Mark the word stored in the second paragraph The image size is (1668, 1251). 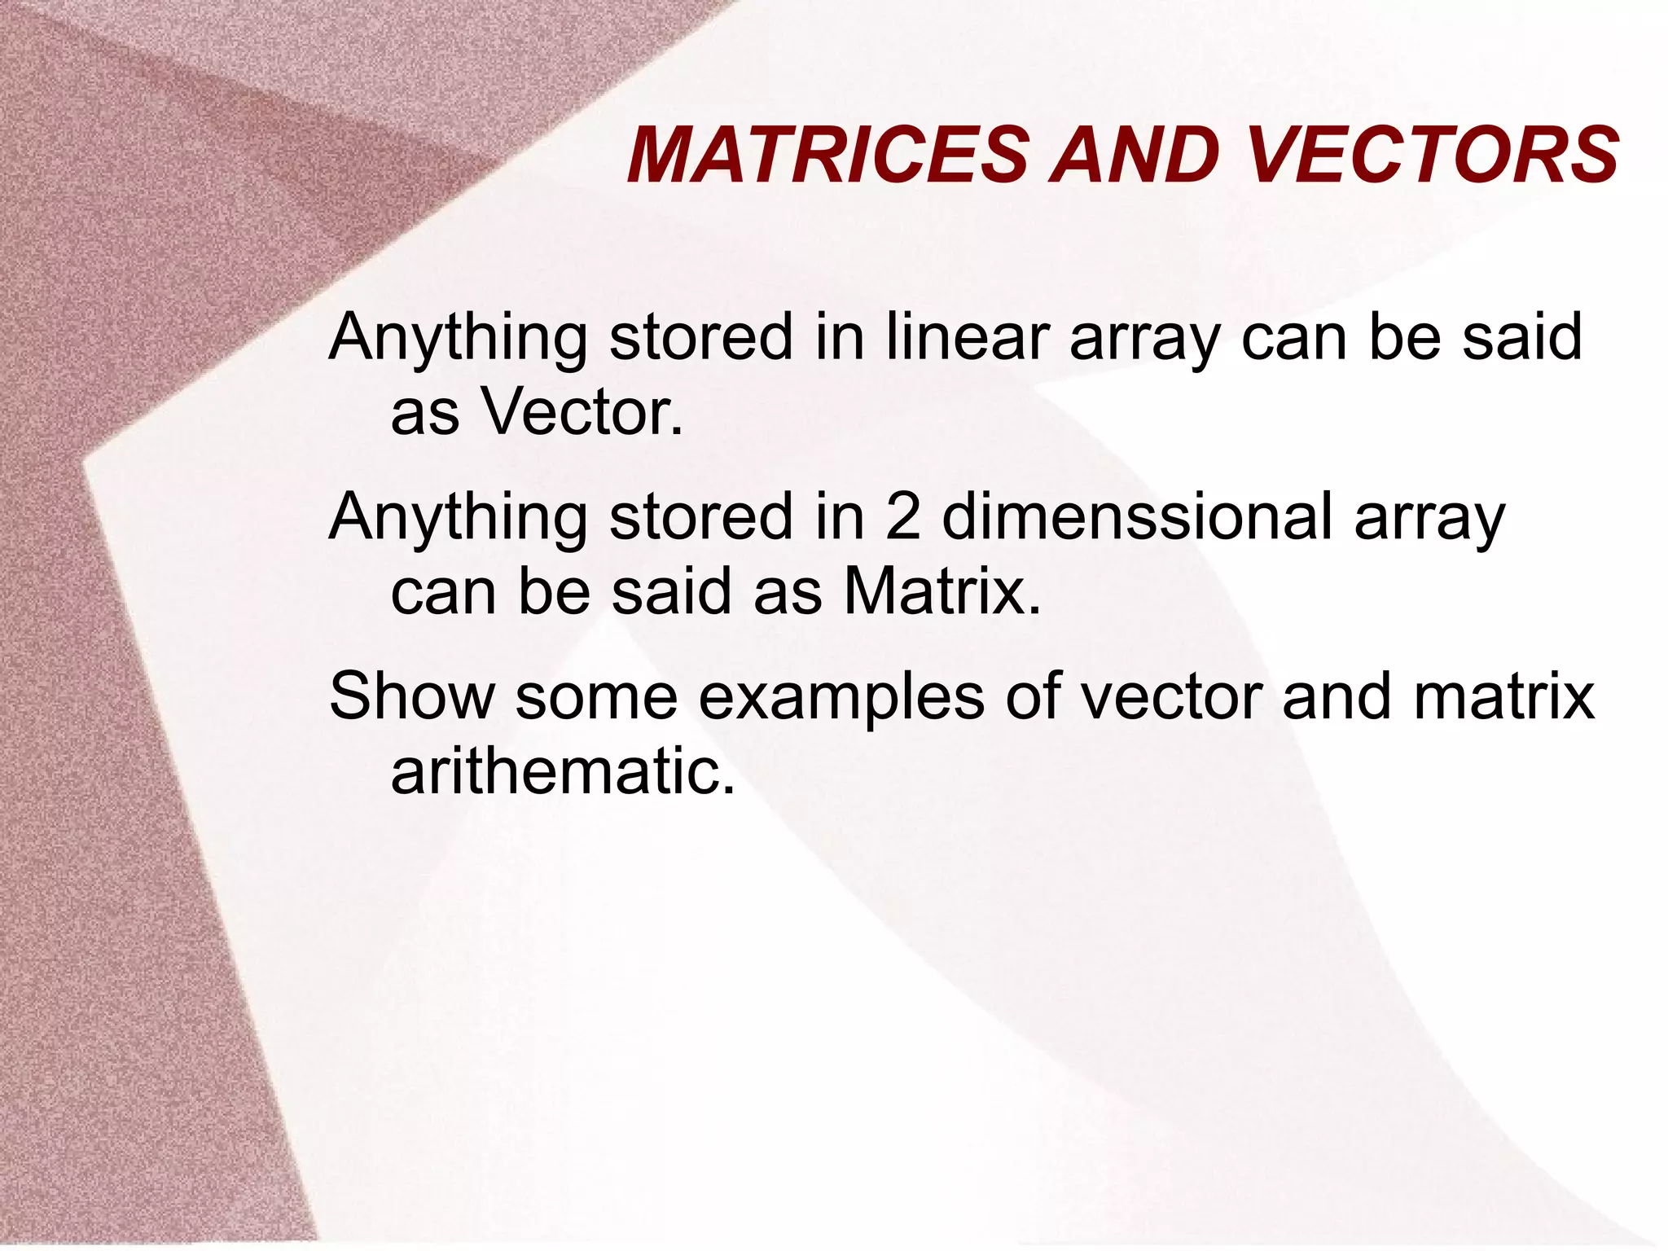point(700,516)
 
